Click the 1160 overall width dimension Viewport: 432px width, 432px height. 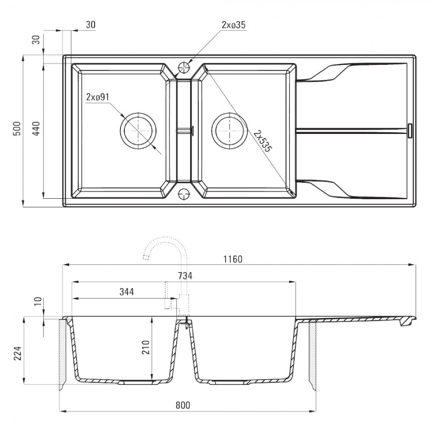point(233,259)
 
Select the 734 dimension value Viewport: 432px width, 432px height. point(185,276)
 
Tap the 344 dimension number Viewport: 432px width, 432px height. point(127,292)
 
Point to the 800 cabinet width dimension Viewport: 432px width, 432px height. point(183,405)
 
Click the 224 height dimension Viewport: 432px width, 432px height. point(18,353)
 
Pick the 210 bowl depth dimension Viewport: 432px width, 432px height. point(145,347)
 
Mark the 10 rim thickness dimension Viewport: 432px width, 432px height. point(38,301)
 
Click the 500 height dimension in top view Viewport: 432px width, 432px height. point(17,128)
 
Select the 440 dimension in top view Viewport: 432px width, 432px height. point(36,128)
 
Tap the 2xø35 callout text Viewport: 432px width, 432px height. point(234,25)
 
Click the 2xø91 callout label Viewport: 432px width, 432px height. point(98,97)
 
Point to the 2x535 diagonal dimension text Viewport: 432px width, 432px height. point(263,141)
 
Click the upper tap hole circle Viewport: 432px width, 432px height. point(184,68)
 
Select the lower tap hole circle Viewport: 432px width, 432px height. point(184,194)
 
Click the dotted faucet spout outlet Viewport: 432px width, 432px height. point(146,258)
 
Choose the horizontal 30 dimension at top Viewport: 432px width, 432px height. point(91,25)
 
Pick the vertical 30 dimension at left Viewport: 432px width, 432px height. point(36,40)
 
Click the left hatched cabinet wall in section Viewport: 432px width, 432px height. point(62,354)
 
